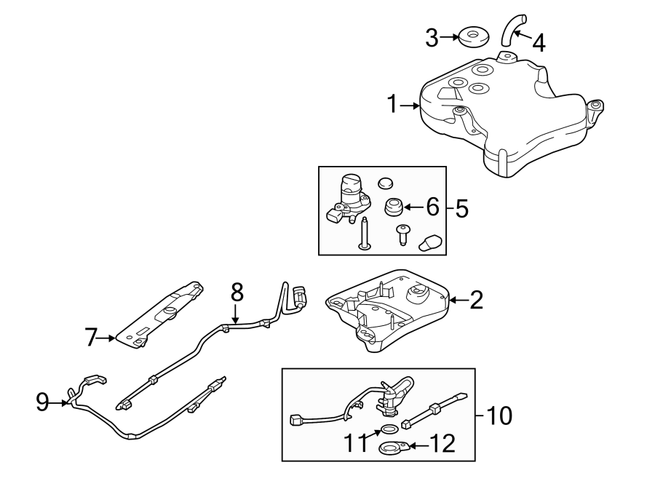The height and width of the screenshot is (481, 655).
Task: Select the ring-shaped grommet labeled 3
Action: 472,36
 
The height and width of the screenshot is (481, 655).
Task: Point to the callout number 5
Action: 461,209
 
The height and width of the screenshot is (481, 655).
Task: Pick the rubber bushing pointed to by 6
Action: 394,208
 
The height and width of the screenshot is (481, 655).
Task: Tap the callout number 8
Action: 236,292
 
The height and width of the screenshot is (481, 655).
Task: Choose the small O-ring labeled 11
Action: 389,429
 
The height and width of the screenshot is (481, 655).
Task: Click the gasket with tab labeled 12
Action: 392,448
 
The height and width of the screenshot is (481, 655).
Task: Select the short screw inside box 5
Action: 401,235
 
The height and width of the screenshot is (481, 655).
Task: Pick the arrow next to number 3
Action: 449,36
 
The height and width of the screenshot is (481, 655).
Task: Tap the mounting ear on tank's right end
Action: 595,107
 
